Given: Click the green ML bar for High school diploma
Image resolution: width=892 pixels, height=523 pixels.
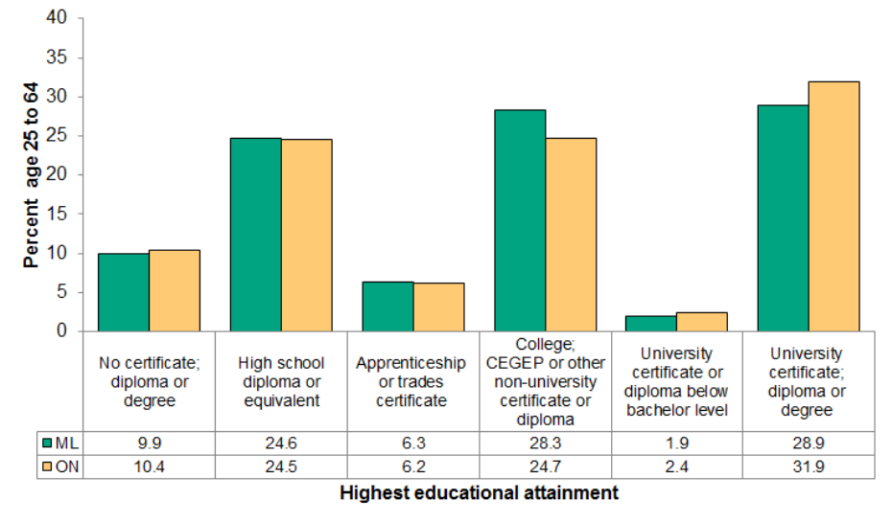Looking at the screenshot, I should click(255, 235).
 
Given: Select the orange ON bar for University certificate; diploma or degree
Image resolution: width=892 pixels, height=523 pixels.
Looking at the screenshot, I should click(833, 207).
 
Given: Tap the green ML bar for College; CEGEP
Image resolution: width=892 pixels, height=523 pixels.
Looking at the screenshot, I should click(519, 220).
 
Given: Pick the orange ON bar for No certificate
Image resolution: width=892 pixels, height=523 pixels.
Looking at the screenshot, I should click(175, 290).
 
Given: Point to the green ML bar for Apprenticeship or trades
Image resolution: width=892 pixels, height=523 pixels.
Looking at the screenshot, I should click(387, 307).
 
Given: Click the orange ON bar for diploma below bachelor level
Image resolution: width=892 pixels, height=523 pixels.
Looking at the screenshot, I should click(702, 322).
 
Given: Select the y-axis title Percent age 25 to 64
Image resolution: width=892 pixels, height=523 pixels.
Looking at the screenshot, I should click(32, 175).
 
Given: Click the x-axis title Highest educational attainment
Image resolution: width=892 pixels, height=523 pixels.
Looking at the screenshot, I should click(479, 493).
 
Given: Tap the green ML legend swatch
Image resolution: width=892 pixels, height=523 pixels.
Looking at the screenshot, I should click(48, 443).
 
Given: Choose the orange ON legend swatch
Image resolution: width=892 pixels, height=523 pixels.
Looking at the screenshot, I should click(48, 466).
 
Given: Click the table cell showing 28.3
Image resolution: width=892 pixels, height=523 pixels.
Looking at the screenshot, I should click(545, 443).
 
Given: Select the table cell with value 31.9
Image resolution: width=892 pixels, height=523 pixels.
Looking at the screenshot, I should click(809, 466).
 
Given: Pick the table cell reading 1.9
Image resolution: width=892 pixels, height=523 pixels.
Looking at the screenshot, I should click(676, 443).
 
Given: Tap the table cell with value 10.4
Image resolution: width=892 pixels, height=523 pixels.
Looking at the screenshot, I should click(149, 466).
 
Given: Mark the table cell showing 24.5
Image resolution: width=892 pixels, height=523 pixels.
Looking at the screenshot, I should click(281, 466).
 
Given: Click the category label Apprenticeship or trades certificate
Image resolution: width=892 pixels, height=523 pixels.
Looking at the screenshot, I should click(412, 381).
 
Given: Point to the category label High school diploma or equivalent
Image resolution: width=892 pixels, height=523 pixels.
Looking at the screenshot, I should click(281, 381).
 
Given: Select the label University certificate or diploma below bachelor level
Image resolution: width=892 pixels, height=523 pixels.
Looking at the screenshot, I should click(676, 381).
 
